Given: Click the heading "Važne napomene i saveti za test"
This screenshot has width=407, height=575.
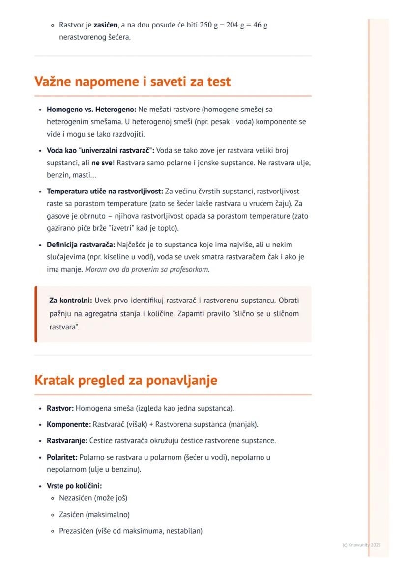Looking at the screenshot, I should pos(132,82).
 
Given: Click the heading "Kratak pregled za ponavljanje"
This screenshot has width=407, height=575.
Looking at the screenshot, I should pos(125,381).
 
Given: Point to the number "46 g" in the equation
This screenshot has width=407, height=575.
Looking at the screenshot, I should pos(259,25).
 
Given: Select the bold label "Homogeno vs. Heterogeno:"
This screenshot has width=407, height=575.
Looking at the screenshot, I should pos(91,109).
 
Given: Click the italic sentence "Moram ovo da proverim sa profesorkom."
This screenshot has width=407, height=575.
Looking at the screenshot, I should pos(147,269).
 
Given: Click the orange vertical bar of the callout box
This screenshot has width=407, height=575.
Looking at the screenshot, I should pos(36,314).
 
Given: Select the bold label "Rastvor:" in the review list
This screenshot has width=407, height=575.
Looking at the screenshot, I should pos(60,408).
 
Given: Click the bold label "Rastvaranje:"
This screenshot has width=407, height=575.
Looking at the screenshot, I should pos(67,440).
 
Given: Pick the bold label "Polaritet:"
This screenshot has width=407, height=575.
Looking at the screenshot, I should pos(62,457).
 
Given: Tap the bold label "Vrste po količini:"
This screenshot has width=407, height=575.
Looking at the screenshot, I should pos(74,486).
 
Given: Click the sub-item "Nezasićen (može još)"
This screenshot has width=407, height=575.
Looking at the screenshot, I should pos(93,498).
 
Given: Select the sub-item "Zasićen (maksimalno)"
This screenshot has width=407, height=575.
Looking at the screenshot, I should pos(94,515).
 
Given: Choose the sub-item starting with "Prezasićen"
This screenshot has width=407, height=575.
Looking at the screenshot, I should pos(130,531).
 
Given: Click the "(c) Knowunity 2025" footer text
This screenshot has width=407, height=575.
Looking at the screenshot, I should pos(361,545).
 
